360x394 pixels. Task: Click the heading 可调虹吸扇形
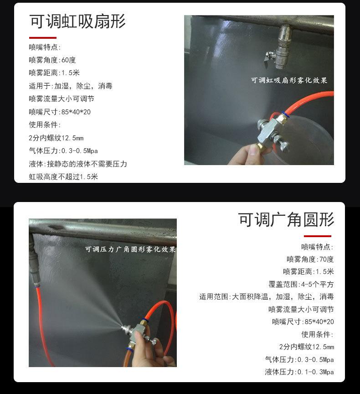pyautogui.click(x=77, y=21)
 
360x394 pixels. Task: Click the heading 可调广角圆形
pyautogui.click(x=286, y=219)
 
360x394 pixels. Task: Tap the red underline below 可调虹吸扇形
pyautogui.click(x=43, y=38)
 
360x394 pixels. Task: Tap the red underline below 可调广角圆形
pyautogui.click(x=318, y=236)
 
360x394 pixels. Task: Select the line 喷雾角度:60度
pyautogui.click(x=52, y=60)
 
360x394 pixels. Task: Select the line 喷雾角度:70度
pyautogui.click(x=310, y=259)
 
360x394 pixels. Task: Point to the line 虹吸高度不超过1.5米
pyautogui.click(x=63, y=176)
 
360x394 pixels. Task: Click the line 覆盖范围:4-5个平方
pyautogui.click(x=301, y=284)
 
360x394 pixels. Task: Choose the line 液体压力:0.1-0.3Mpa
pyautogui.click(x=299, y=372)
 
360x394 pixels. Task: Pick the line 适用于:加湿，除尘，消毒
pyautogui.click(x=71, y=86)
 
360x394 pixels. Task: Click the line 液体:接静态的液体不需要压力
pyautogui.click(x=78, y=164)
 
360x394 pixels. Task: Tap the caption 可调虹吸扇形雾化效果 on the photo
pyautogui.click(x=289, y=80)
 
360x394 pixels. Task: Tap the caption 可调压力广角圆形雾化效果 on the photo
pyautogui.click(x=130, y=249)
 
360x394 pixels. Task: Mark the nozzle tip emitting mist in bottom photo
pyautogui.click(x=125, y=328)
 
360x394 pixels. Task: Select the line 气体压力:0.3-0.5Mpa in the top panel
pyautogui.click(x=63, y=151)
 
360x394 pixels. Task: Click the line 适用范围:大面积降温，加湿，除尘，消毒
pyautogui.click(x=267, y=297)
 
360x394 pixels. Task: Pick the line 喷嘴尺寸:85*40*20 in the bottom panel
pyautogui.click(x=303, y=321)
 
